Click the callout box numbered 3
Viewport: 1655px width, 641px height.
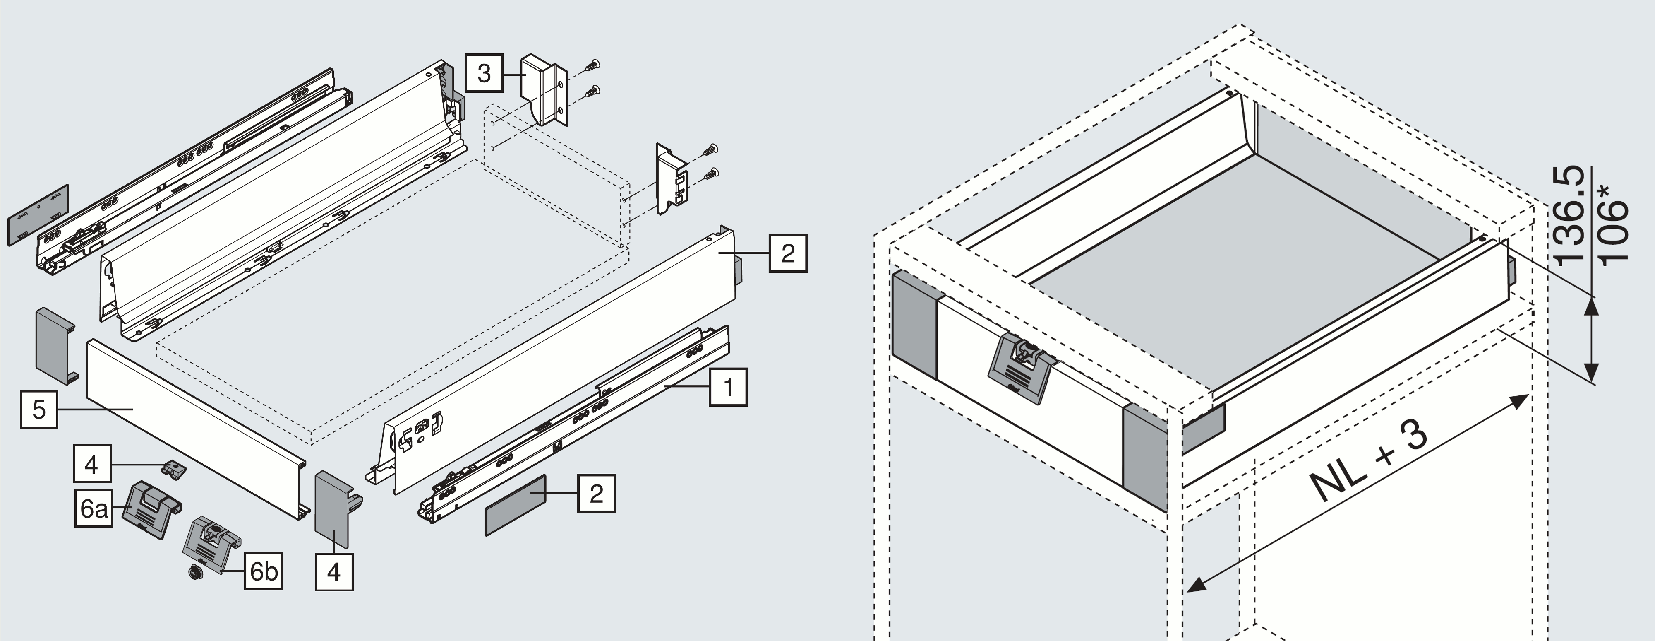(x=484, y=73)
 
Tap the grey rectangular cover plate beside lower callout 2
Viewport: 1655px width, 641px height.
(x=515, y=505)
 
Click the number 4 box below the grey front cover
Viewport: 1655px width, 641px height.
(x=334, y=571)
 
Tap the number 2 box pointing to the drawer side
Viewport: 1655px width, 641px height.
(x=788, y=253)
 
